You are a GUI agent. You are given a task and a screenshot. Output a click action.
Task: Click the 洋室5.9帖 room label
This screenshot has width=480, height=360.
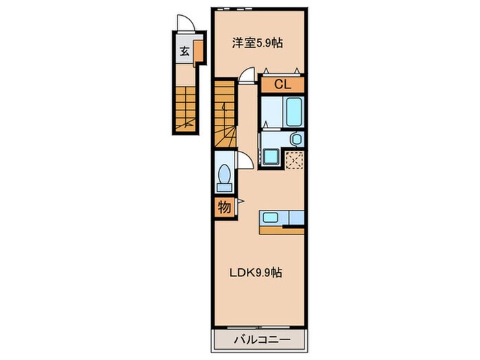coord(257,43)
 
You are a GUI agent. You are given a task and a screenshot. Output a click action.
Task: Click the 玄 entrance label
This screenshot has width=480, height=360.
coord(184,51)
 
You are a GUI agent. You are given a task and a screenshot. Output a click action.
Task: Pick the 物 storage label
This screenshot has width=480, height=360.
coord(224,206)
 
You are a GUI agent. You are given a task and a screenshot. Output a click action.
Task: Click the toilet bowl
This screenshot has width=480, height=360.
coord(223,178)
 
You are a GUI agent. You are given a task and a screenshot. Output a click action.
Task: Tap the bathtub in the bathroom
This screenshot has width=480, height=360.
coord(295,110)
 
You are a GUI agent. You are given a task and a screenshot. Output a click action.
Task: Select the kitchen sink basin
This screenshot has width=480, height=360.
coord(271,219)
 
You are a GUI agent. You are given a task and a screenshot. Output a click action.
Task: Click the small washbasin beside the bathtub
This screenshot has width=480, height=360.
coord(296,139)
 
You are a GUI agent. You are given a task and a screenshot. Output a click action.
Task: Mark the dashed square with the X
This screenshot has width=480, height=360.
coord(296,159)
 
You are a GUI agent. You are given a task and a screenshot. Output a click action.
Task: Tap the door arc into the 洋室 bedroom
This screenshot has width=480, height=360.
coord(250,74)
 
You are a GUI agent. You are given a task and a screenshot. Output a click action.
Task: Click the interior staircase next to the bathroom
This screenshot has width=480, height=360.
coord(226,113)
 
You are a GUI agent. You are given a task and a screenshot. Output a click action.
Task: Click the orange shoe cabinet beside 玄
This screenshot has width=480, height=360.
coord(197,51)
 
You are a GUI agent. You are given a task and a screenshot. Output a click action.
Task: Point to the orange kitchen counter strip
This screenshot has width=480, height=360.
coord(281,230)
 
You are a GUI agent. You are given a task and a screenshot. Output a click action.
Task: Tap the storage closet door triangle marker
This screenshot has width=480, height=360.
coord(239,202)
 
